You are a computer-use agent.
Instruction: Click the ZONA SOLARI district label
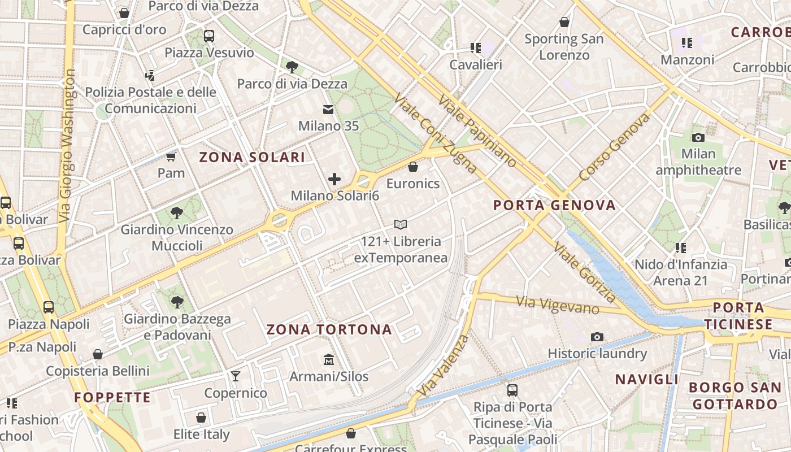click(x=252, y=158)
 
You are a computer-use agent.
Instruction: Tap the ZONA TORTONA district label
click(x=329, y=329)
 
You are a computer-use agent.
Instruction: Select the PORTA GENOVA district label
click(x=554, y=205)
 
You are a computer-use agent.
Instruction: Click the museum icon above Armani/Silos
click(x=329, y=359)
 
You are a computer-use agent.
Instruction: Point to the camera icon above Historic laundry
click(x=597, y=337)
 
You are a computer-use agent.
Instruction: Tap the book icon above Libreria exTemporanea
click(x=401, y=224)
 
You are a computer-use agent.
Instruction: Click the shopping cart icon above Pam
click(x=171, y=156)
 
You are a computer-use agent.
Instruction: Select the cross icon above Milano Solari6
click(x=334, y=179)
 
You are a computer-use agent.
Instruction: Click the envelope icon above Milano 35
click(x=328, y=109)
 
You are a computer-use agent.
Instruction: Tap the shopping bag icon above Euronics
click(x=413, y=167)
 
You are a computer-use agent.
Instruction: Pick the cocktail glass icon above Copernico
click(x=235, y=376)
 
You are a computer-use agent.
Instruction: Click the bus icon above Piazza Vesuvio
click(x=209, y=36)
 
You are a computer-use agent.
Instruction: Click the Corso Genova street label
click(x=615, y=147)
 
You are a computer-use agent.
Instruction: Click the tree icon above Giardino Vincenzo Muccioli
click(x=177, y=213)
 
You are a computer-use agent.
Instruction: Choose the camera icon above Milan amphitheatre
click(x=698, y=137)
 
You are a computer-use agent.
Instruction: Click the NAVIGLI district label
click(x=646, y=379)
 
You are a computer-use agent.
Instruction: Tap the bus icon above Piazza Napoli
click(x=49, y=307)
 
